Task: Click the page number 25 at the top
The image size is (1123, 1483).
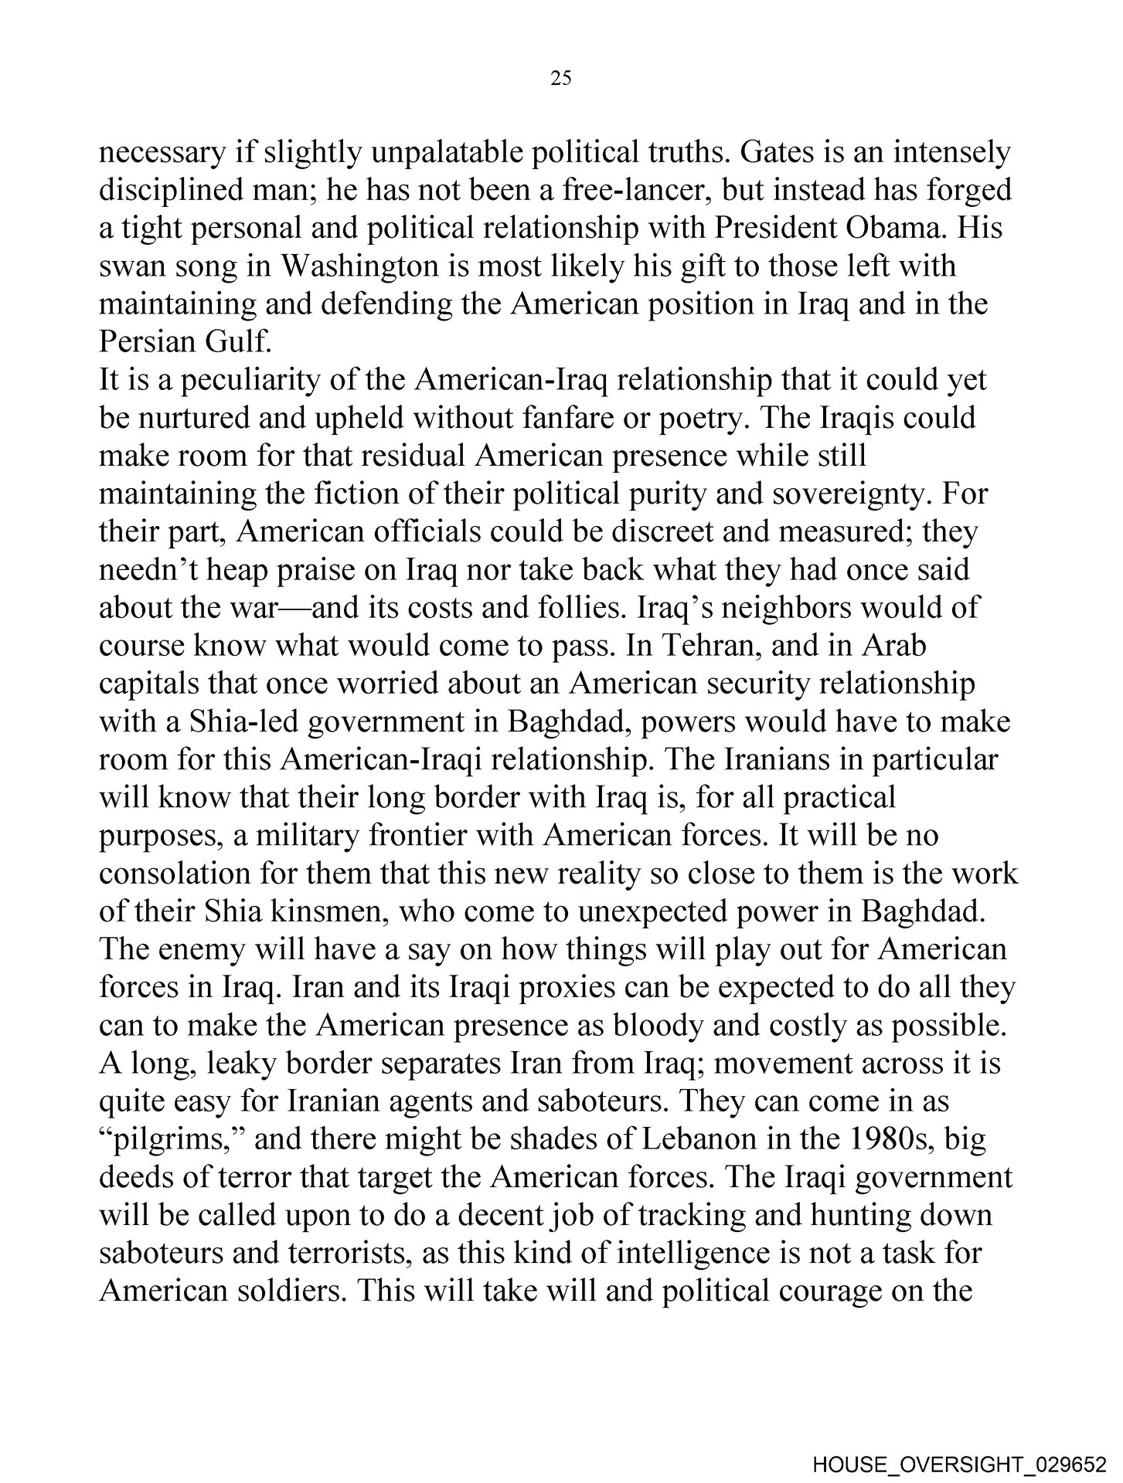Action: [x=561, y=77]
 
